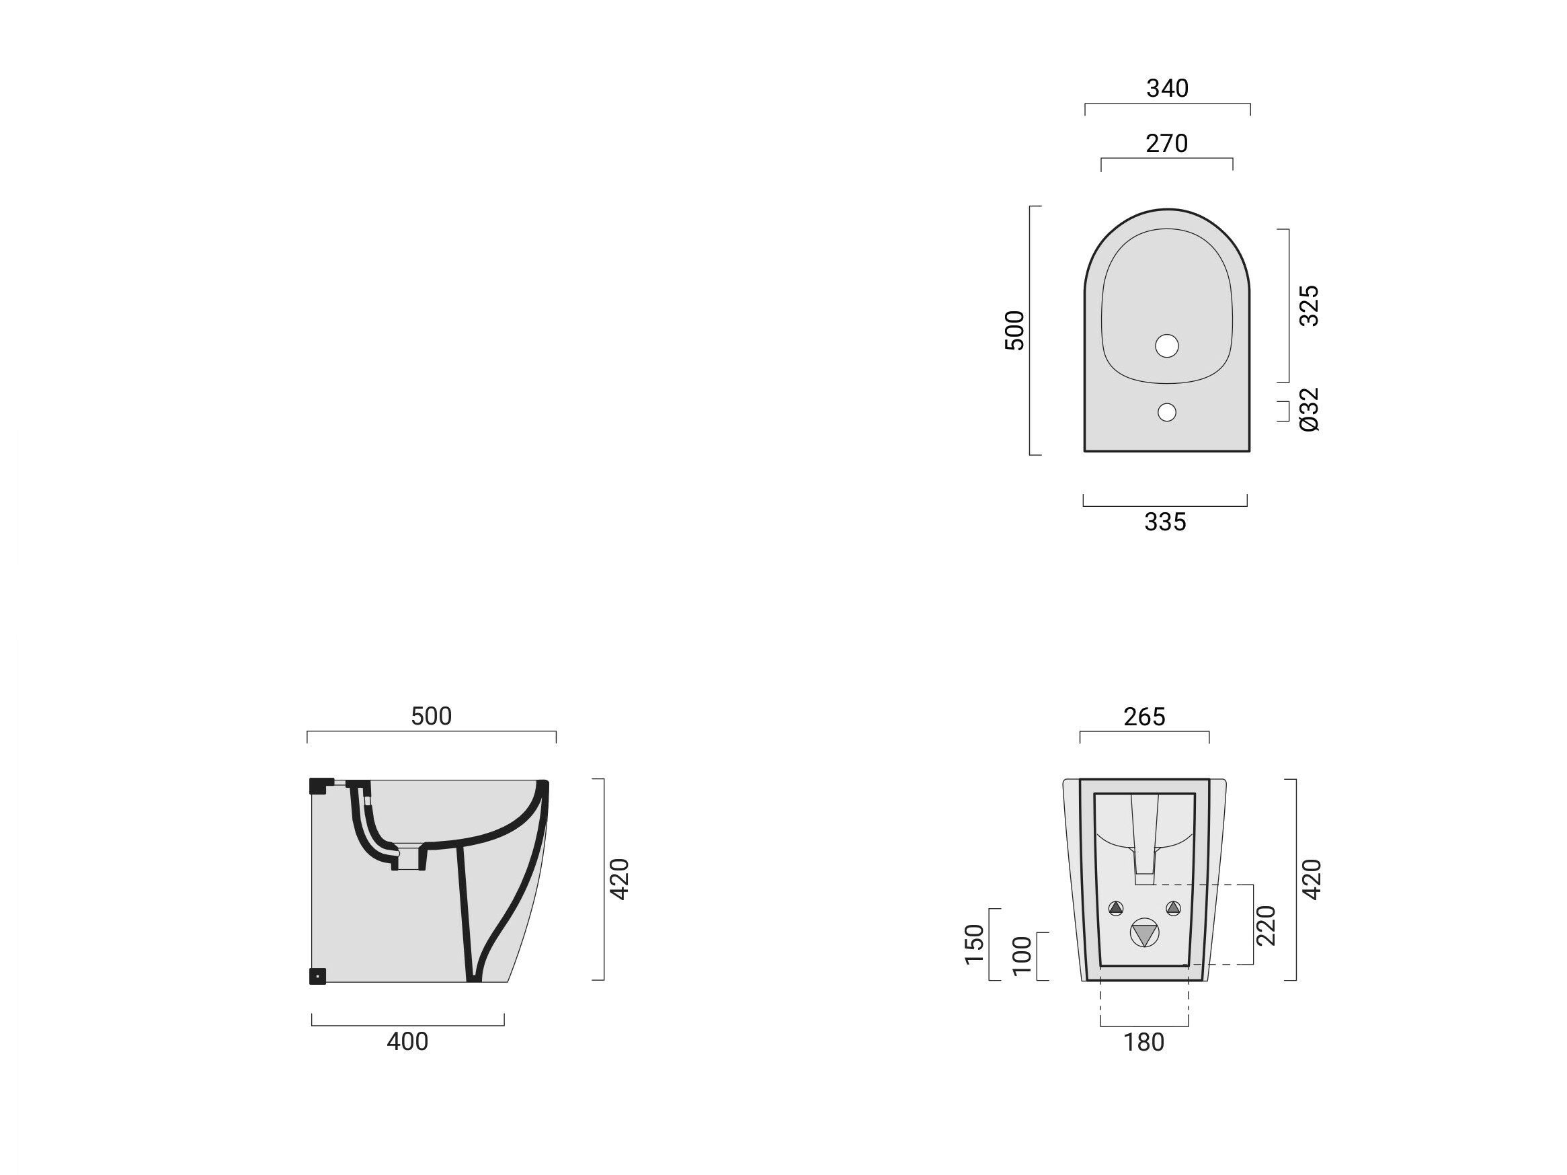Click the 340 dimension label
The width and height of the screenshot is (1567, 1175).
coord(1168,89)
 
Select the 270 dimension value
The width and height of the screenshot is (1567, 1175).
coord(1167,144)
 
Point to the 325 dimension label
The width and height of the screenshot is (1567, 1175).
coord(1309,305)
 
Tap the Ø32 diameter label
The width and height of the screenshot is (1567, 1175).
coord(1309,409)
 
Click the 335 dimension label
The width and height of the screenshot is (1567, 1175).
coord(1165,522)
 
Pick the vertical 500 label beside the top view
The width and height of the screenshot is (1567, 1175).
coord(1014,330)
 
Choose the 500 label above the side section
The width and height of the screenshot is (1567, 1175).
coord(432,716)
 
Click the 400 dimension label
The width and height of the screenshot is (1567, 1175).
coord(407,1042)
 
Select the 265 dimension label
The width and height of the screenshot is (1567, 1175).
coord(1144,717)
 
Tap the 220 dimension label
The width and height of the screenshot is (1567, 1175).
coord(1265,925)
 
